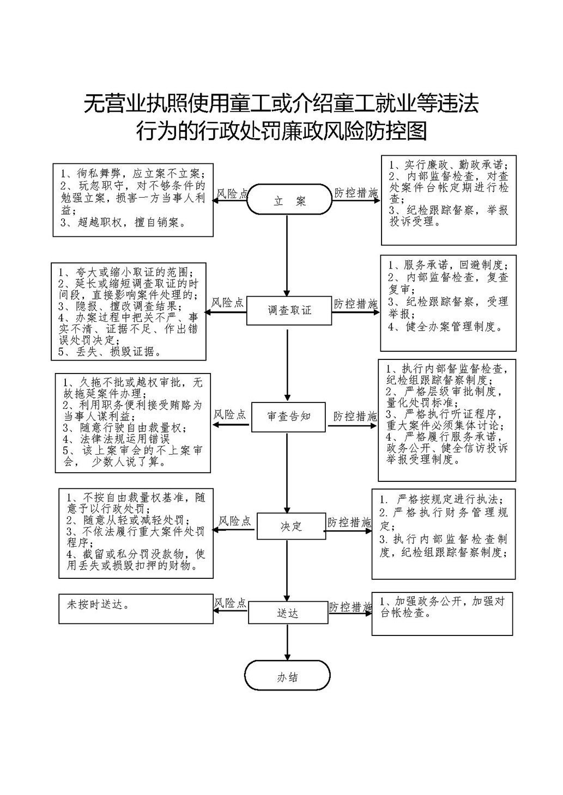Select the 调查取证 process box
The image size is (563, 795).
tap(289, 310)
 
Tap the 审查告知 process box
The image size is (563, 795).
tap(288, 417)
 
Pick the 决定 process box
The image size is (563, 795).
tap(291, 526)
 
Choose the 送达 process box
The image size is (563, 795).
tap(288, 612)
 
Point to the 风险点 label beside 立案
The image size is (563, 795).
tap(232, 193)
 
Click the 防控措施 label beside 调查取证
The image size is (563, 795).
tap(355, 304)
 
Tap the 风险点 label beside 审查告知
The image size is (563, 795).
tap(230, 414)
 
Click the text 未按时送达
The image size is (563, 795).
tap(98, 604)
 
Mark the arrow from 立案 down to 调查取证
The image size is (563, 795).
tap(287, 255)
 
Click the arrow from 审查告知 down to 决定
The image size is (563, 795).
tap(287, 473)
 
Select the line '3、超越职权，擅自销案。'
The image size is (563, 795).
tap(123, 223)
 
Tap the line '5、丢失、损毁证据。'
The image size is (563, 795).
tap(110, 352)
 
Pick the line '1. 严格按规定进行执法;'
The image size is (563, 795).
tap(441, 499)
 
